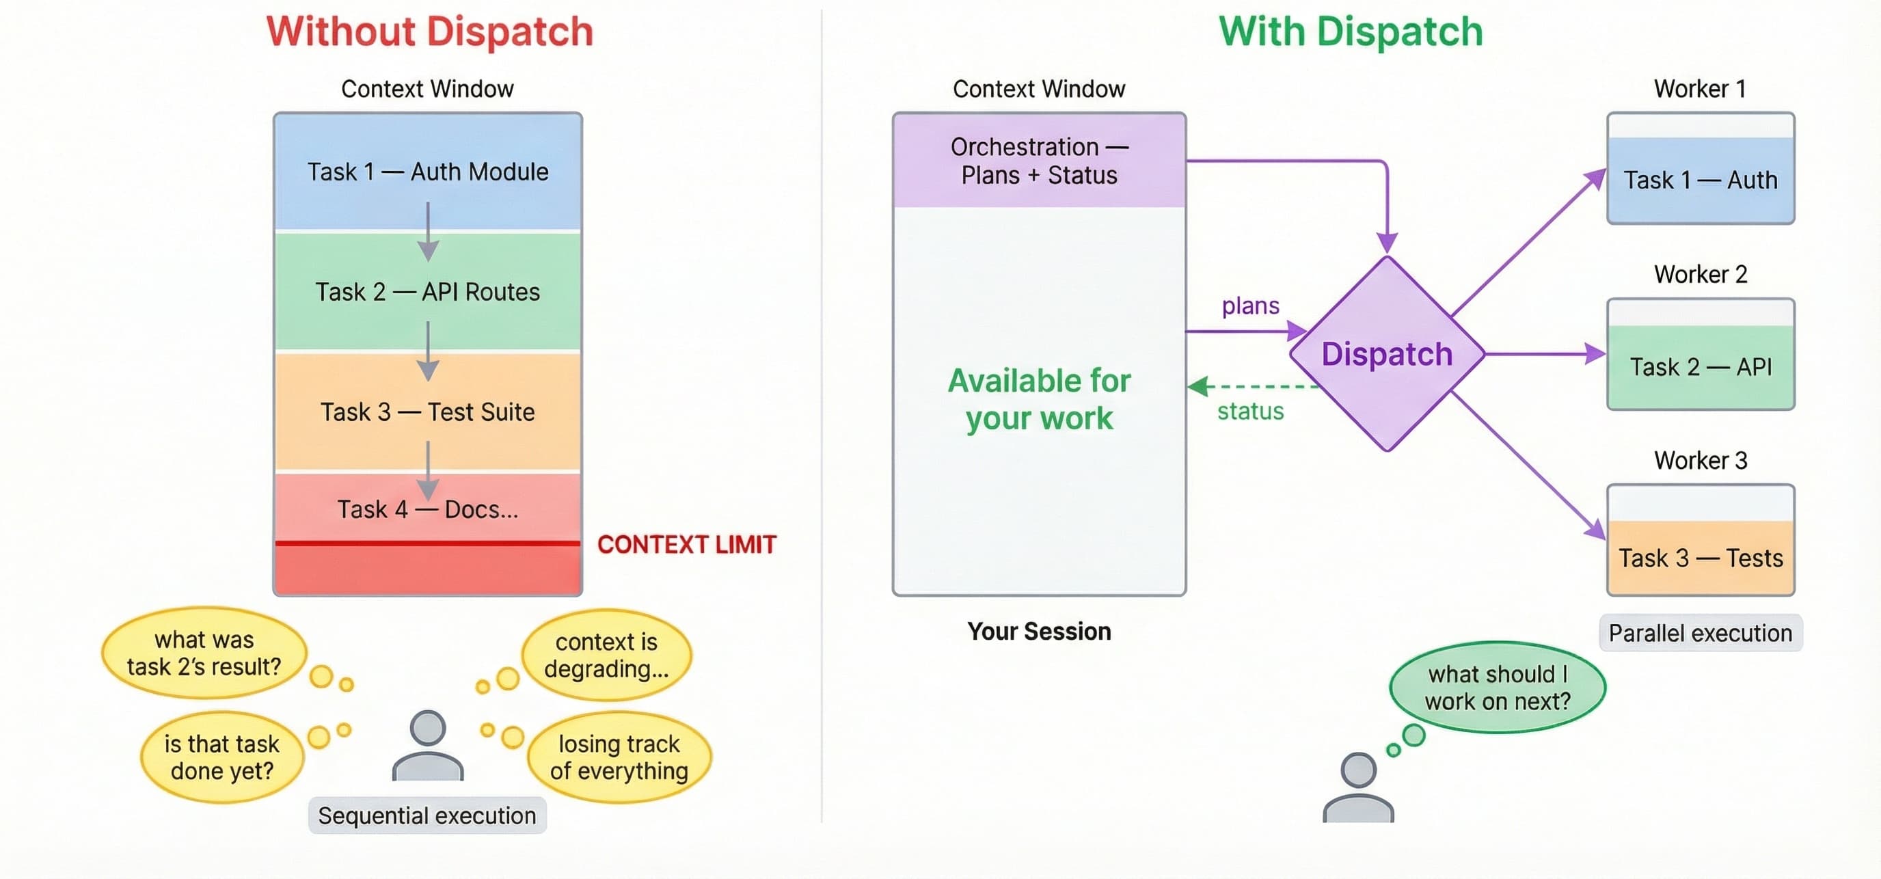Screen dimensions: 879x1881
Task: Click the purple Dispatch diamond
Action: click(1386, 354)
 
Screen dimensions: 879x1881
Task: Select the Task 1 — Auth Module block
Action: click(427, 172)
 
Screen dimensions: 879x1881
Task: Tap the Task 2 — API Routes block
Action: click(427, 291)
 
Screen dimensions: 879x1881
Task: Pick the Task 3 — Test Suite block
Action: click(427, 411)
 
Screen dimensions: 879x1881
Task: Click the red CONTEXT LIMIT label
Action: click(686, 545)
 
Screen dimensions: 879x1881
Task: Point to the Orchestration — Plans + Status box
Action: click(1038, 161)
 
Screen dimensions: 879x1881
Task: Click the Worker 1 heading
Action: click(1699, 88)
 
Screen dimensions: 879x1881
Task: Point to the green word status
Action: click(1250, 411)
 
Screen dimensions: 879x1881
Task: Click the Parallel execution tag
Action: click(1700, 633)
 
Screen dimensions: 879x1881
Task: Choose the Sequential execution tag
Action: click(427, 815)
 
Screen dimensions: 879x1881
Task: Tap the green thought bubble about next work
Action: click(1497, 687)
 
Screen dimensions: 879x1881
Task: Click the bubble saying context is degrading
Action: click(606, 655)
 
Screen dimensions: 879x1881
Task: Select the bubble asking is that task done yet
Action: click(221, 757)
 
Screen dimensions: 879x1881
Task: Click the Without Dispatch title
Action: click(429, 32)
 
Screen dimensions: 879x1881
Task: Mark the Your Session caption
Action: click(1038, 632)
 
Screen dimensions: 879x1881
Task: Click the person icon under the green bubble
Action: click(1358, 789)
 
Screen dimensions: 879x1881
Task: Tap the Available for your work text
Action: click(1038, 399)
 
